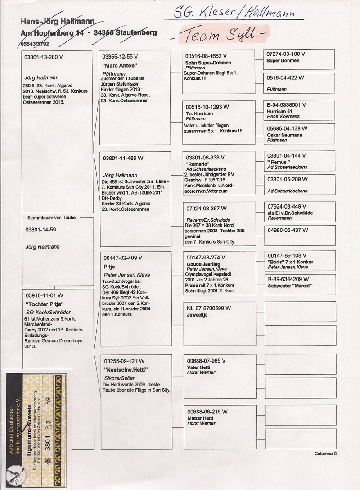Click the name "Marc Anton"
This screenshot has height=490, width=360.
(116, 64)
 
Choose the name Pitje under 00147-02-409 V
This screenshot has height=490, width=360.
(109, 266)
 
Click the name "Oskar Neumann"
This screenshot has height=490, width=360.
(284, 135)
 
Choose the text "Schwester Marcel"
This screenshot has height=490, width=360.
(290, 286)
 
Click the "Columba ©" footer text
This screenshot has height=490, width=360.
(326, 454)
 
